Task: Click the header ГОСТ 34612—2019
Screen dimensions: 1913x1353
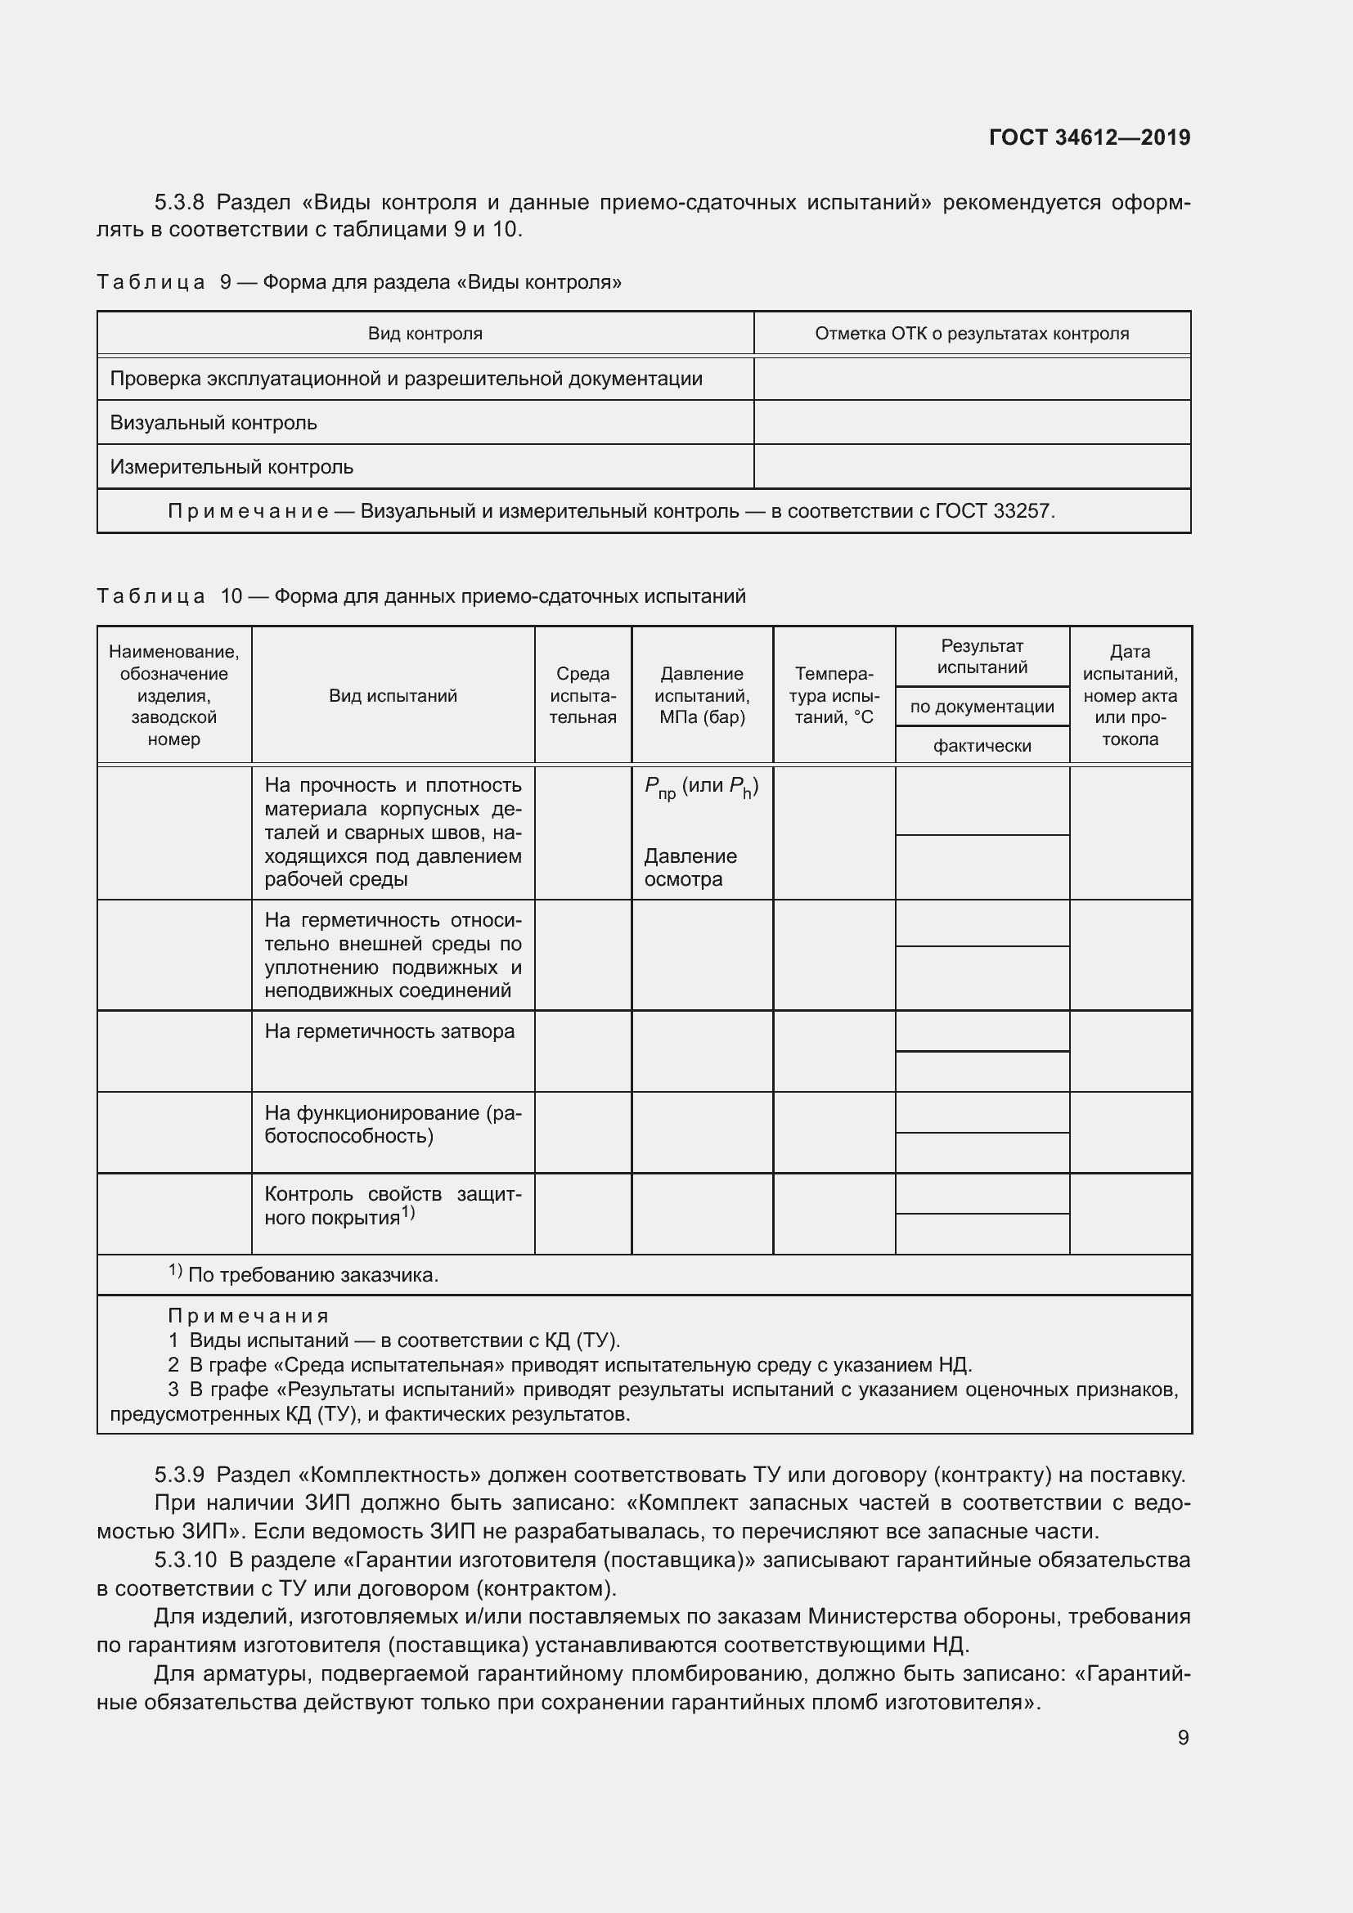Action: (1089, 137)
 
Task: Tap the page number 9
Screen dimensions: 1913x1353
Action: (1183, 1737)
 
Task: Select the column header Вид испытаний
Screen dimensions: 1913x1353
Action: (393, 696)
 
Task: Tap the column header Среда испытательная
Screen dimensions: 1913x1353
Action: (582, 696)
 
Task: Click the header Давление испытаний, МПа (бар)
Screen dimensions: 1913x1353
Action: (702, 696)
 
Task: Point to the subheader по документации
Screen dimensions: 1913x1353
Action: (982, 707)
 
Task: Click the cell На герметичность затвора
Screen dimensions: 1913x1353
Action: (389, 1031)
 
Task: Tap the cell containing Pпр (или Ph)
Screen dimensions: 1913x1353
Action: (701, 788)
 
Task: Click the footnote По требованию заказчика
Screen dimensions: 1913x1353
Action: (312, 1275)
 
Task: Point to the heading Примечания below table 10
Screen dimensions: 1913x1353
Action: (249, 1317)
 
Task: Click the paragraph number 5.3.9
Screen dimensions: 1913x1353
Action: (179, 1475)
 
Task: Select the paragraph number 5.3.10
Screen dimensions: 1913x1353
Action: (185, 1560)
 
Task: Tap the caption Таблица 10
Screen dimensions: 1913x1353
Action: (169, 596)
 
